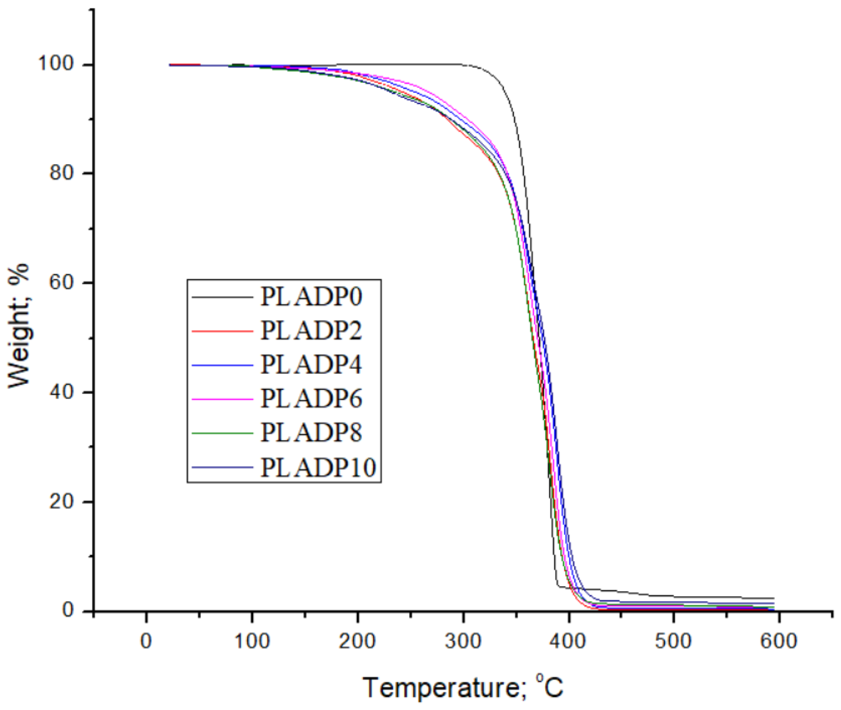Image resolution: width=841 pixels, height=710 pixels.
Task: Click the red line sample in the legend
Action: (222, 331)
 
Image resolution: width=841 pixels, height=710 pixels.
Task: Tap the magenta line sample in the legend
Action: (222, 399)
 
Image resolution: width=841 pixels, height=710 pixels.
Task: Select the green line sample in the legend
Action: (222, 433)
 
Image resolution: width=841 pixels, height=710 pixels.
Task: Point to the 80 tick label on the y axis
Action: (63, 174)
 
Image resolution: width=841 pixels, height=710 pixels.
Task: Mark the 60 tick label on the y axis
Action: (63, 283)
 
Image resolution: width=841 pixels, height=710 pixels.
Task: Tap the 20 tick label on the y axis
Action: (63, 501)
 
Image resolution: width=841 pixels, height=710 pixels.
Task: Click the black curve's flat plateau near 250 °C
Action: (410, 64)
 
